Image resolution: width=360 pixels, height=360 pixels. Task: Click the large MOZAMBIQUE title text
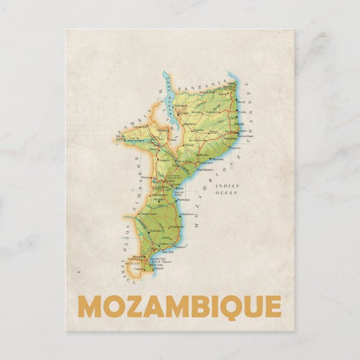click(179, 306)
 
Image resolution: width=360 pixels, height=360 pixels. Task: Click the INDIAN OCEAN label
click(228, 189)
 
